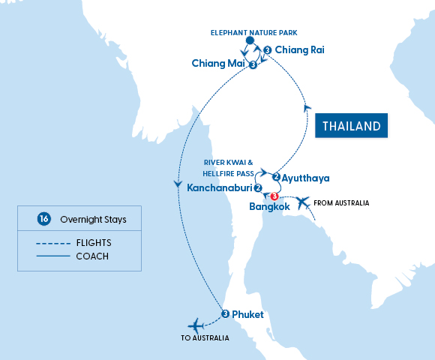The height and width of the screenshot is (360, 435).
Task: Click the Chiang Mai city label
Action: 218,64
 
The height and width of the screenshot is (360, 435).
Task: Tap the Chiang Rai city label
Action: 299,50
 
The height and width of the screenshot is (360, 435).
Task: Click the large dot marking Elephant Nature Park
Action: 250,42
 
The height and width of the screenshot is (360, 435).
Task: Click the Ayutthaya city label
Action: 305,178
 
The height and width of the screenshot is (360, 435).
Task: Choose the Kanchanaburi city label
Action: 219,188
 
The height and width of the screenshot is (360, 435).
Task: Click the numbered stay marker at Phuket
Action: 225,313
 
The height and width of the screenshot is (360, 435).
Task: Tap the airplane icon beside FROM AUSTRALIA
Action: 301,202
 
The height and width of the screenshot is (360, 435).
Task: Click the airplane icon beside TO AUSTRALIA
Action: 196,325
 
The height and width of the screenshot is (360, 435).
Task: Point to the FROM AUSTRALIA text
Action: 342,202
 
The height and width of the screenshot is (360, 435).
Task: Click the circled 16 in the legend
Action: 43,219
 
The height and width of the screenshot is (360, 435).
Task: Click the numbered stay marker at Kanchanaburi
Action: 258,188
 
